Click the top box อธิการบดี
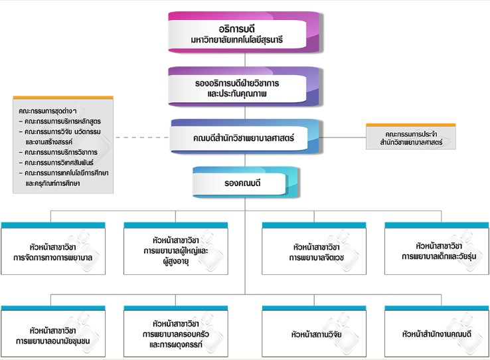pyautogui.click(x=246, y=33)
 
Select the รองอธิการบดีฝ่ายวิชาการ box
pyautogui.click(x=246, y=86)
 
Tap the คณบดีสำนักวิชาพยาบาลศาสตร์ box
pyautogui.click(x=246, y=138)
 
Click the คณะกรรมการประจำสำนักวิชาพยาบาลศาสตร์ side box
pyautogui.click(x=411, y=138)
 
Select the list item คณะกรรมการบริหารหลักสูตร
pyautogui.click(x=62, y=122)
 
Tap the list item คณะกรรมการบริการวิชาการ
pyautogui.click(x=62, y=152)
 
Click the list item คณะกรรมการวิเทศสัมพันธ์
pyautogui.click(x=62, y=162)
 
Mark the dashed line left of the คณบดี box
pyautogui.click(x=141, y=138)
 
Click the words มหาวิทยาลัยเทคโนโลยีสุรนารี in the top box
pyautogui.click(x=246, y=41)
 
